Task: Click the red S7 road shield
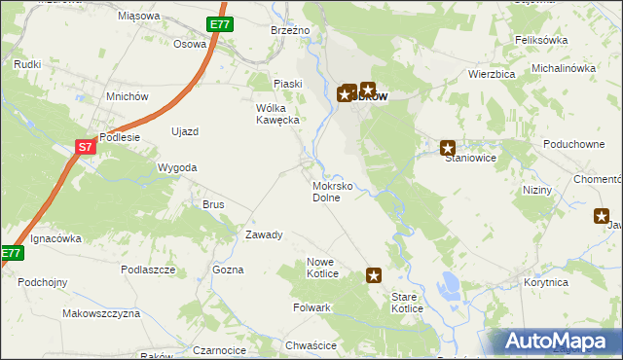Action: [x=85, y=147]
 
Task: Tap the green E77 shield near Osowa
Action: [x=219, y=24]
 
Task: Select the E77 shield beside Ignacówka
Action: [x=10, y=253]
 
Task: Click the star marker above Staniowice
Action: [x=448, y=148]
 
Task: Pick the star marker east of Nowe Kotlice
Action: [x=374, y=275]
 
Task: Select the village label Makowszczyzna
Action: [x=101, y=313]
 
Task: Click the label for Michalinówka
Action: [x=563, y=68]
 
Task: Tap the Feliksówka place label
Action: [x=541, y=40]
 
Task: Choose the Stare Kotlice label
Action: [x=407, y=303]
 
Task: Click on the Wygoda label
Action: [x=177, y=167]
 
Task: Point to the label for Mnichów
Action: [x=128, y=96]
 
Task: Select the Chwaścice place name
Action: [x=311, y=345]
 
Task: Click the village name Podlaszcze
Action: [x=148, y=270]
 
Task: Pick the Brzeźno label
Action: [x=289, y=30]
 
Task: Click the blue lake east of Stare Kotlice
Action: [x=449, y=286]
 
